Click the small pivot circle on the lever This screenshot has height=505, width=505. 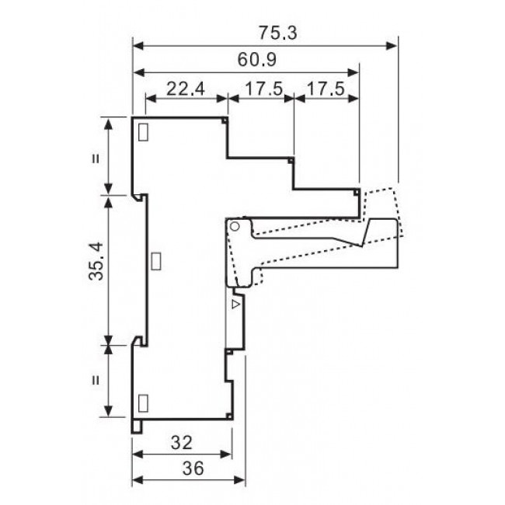tap(234, 226)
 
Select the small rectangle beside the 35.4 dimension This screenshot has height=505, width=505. tap(155, 259)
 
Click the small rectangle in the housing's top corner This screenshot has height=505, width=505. tap(143, 132)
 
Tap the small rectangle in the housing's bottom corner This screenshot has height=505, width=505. tap(143, 402)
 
